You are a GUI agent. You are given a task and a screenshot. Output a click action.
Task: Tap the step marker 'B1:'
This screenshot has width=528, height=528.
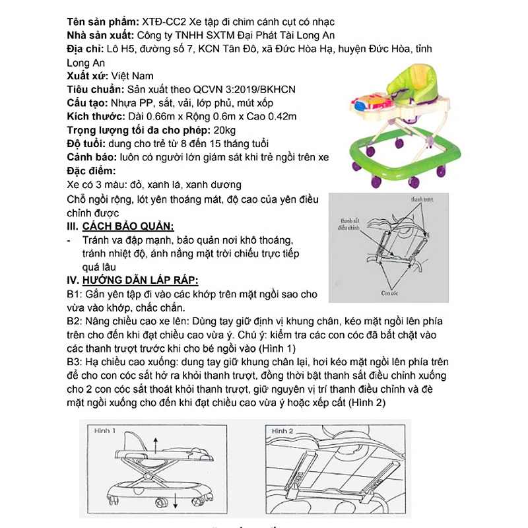coord(74,294)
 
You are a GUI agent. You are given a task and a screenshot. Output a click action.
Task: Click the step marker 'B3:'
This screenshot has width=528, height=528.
coord(74,362)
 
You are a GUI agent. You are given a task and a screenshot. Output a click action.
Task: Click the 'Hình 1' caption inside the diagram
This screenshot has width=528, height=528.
coord(105,430)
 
